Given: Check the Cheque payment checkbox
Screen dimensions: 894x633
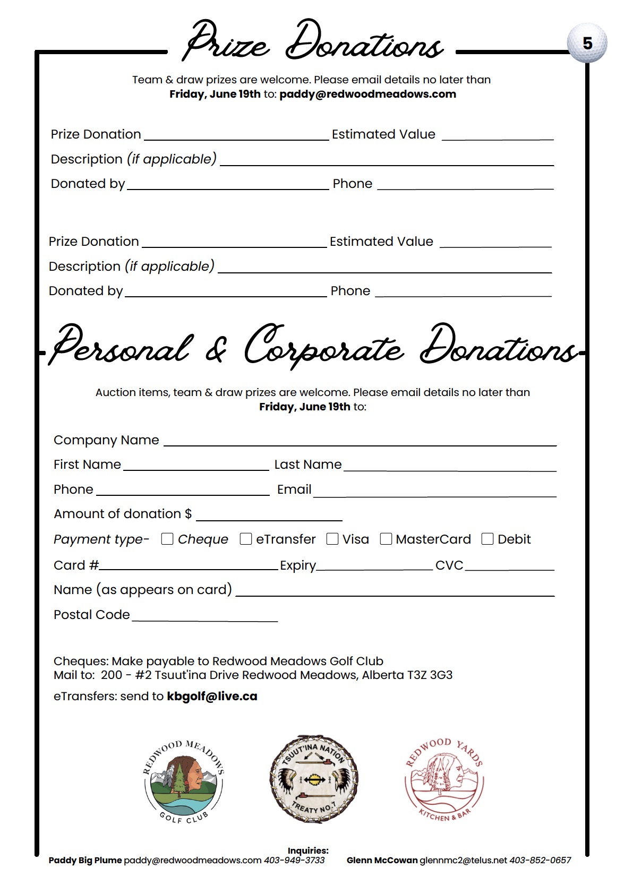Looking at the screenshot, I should pyautogui.click(x=167, y=539).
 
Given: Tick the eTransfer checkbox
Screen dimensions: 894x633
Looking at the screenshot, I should pyautogui.click(x=246, y=539).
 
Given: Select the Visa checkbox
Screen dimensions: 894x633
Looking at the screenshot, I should pyautogui.click(x=332, y=539).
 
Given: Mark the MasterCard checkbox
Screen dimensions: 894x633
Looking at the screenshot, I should pyautogui.click(x=386, y=539).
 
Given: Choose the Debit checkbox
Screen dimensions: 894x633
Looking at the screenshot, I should pyautogui.click(x=487, y=539).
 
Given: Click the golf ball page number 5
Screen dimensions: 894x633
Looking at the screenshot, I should pyautogui.click(x=587, y=43).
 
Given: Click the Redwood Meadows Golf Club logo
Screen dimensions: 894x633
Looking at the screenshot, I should pyautogui.click(x=184, y=781).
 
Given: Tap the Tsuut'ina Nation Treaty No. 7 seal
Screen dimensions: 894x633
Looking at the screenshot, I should pyautogui.click(x=314, y=779).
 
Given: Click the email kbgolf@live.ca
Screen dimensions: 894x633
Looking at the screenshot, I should pyautogui.click(x=212, y=697).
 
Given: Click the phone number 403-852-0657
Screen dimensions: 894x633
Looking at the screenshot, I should pyautogui.click(x=540, y=860).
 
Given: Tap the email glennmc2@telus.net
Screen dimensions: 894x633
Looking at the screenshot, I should pyautogui.click(x=463, y=860).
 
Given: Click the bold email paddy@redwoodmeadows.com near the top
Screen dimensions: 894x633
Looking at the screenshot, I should pyautogui.click(x=367, y=94).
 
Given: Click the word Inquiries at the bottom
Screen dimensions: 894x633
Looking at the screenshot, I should pyautogui.click(x=308, y=850).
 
